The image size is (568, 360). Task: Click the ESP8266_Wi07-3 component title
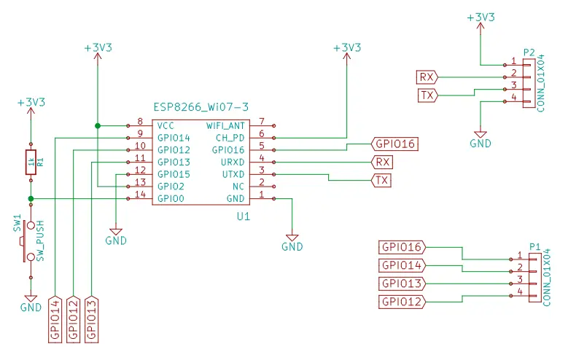click(x=201, y=108)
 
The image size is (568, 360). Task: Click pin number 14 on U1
click(x=140, y=195)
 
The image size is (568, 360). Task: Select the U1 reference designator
click(x=244, y=217)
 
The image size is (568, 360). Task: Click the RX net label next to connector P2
click(x=427, y=77)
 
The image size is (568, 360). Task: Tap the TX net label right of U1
click(x=381, y=180)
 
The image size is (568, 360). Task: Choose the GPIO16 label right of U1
click(x=394, y=144)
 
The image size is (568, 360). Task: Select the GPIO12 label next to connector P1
click(x=402, y=301)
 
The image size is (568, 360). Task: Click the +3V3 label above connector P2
click(x=479, y=16)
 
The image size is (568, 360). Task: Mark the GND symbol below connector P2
click(x=480, y=138)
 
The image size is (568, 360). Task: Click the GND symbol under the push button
click(x=31, y=302)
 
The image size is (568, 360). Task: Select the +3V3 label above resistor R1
click(x=31, y=103)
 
